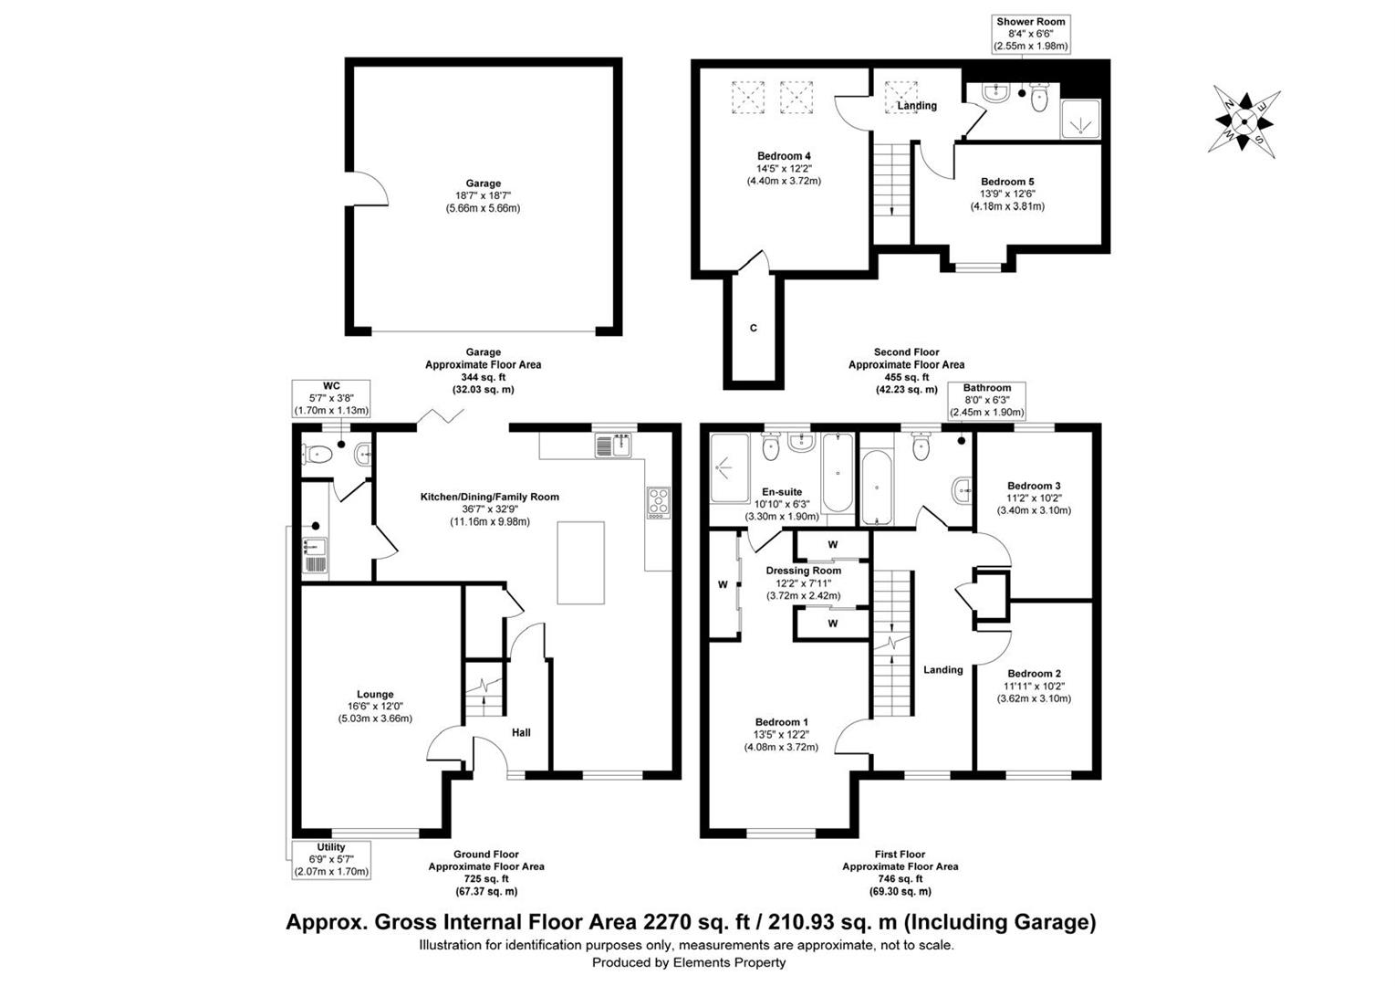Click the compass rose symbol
click(1244, 121)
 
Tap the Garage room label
click(484, 184)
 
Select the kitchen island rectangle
click(580, 562)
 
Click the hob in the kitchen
click(659, 502)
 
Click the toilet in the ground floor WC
click(317, 455)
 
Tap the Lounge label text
click(375, 695)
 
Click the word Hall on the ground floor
click(521, 732)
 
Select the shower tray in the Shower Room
click(1080, 119)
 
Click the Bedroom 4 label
click(784, 156)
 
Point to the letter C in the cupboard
click(754, 328)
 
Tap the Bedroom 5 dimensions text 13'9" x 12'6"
click(1007, 194)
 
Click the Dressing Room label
click(804, 571)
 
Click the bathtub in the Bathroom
click(877, 488)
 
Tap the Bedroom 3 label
click(1034, 486)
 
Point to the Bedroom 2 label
click(1034, 673)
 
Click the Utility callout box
click(331, 859)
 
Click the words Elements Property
click(729, 962)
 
